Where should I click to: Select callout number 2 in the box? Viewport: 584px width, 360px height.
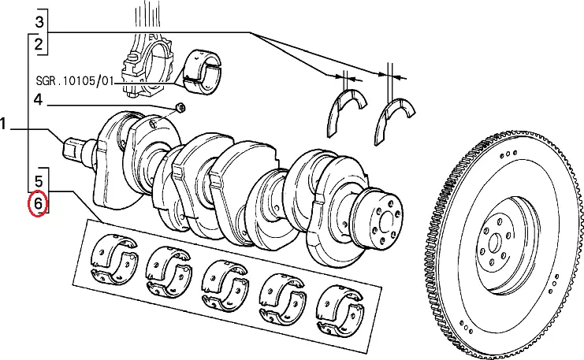[39, 44]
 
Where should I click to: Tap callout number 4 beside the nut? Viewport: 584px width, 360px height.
[37, 100]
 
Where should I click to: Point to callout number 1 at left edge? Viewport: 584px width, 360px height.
[4, 124]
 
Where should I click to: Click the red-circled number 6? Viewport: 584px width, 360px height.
[39, 206]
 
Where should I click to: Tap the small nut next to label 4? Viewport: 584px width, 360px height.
[179, 107]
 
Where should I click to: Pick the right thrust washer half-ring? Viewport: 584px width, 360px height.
[399, 114]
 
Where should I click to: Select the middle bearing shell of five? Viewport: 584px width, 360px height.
[225, 279]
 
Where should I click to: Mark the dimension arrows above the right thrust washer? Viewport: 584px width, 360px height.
[391, 76]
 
